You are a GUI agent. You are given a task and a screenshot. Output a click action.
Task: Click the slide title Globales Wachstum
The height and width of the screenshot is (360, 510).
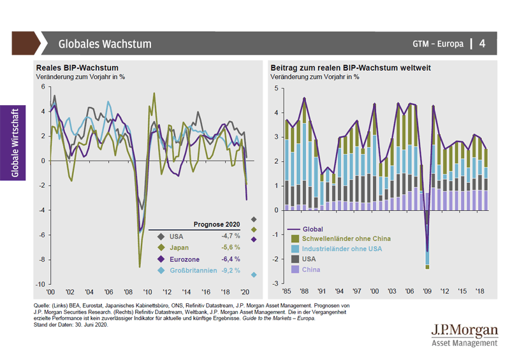click(105, 44)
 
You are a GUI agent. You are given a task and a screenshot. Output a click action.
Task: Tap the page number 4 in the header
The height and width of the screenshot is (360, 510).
click(482, 44)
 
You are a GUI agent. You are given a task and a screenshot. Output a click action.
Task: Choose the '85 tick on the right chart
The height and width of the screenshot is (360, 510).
click(288, 291)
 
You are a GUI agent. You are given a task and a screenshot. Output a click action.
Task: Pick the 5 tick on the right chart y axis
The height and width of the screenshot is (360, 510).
click(276, 87)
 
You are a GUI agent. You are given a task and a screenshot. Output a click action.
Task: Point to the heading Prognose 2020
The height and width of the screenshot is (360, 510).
click(217, 224)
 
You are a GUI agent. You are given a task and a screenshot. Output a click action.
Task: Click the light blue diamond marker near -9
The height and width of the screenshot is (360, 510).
click(253, 275)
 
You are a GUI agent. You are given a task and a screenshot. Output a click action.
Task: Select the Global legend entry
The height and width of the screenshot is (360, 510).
click(314, 228)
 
